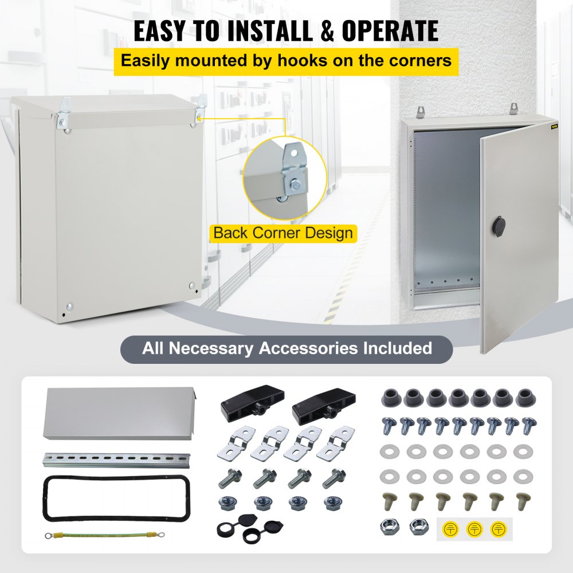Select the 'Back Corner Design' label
pos(282,233)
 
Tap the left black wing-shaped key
pos(241,409)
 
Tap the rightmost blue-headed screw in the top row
pos(528,425)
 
